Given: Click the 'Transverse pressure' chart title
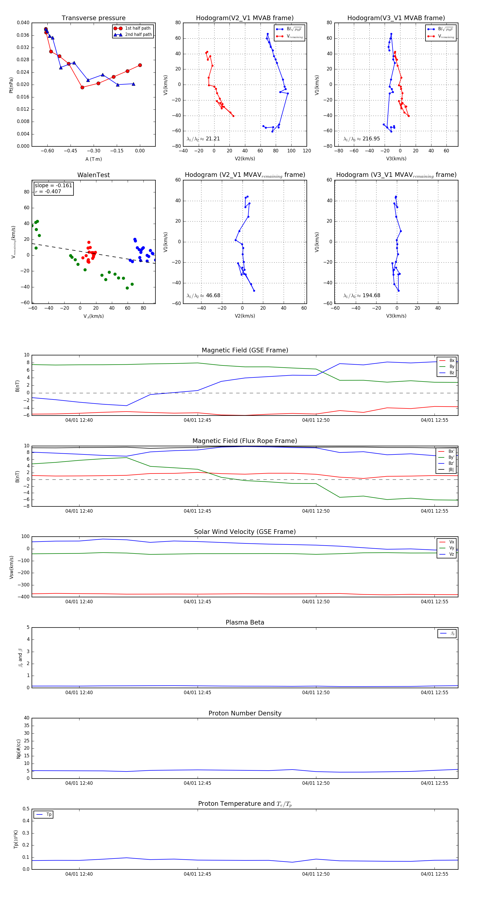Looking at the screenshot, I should pyautogui.click(x=93, y=18).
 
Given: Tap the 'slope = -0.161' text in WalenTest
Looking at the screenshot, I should pyautogui.click(x=53, y=186).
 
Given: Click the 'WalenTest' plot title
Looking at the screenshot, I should pyautogui.click(x=93, y=175).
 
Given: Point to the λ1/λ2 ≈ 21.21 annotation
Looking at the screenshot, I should pyautogui.click(x=203, y=139).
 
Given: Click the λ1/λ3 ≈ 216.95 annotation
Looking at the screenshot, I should pyautogui.click(x=362, y=139).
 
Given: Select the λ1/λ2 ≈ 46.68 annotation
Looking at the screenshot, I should pyautogui.click(x=203, y=296).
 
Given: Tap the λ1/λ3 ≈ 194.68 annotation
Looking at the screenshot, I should pyautogui.click(x=362, y=296).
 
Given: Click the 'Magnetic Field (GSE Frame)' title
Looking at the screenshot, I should pyautogui.click(x=245, y=350).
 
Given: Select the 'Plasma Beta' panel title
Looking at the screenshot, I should pyautogui.click(x=245, y=623).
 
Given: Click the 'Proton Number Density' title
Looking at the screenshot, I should pyautogui.click(x=245, y=713).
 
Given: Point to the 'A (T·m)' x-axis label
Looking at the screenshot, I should pyautogui.click(x=93, y=159).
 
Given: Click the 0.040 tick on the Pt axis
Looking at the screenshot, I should pyautogui.click(x=23, y=23).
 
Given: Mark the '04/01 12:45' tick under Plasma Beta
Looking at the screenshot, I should pyautogui.click(x=197, y=693).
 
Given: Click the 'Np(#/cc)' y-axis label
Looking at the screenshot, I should pyautogui.click(x=19, y=749).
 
